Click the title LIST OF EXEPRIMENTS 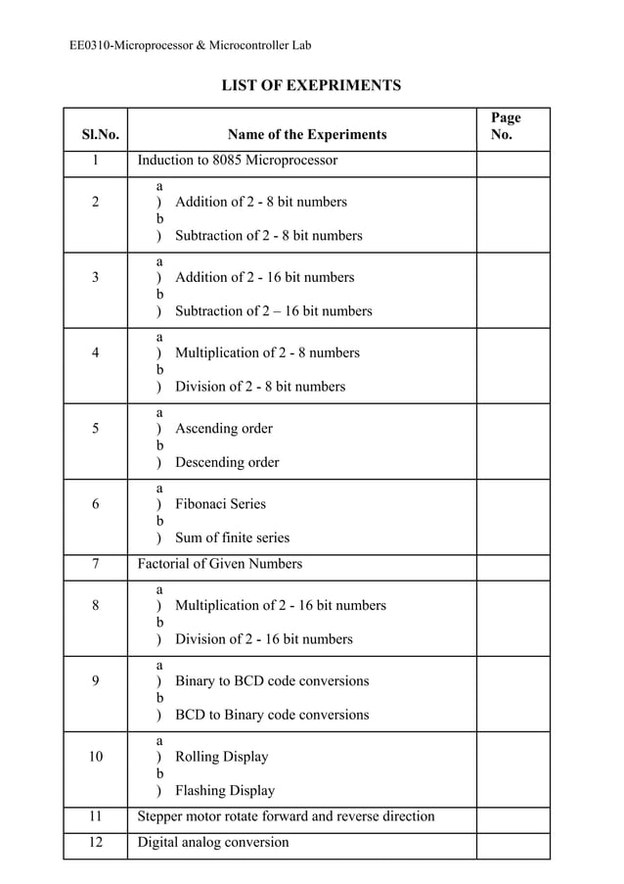tap(311, 86)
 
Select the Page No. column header tap(506, 126)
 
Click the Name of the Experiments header tap(307, 135)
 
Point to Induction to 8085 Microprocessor tap(238, 160)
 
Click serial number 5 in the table tap(96, 428)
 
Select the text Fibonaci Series tap(220, 504)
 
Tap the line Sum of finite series tap(232, 537)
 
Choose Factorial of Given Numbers tap(220, 564)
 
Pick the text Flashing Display tap(225, 790)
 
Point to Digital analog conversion tap(213, 842)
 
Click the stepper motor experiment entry tap(286, 816)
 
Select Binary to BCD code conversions tap(272, 680)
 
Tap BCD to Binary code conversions tap(272, 715)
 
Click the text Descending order tap(227, 462)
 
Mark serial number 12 tap(96, 842)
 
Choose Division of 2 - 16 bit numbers tap(264, 639)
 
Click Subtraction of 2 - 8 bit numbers tap(269, 235)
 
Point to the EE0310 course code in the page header tap(90, 45)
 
